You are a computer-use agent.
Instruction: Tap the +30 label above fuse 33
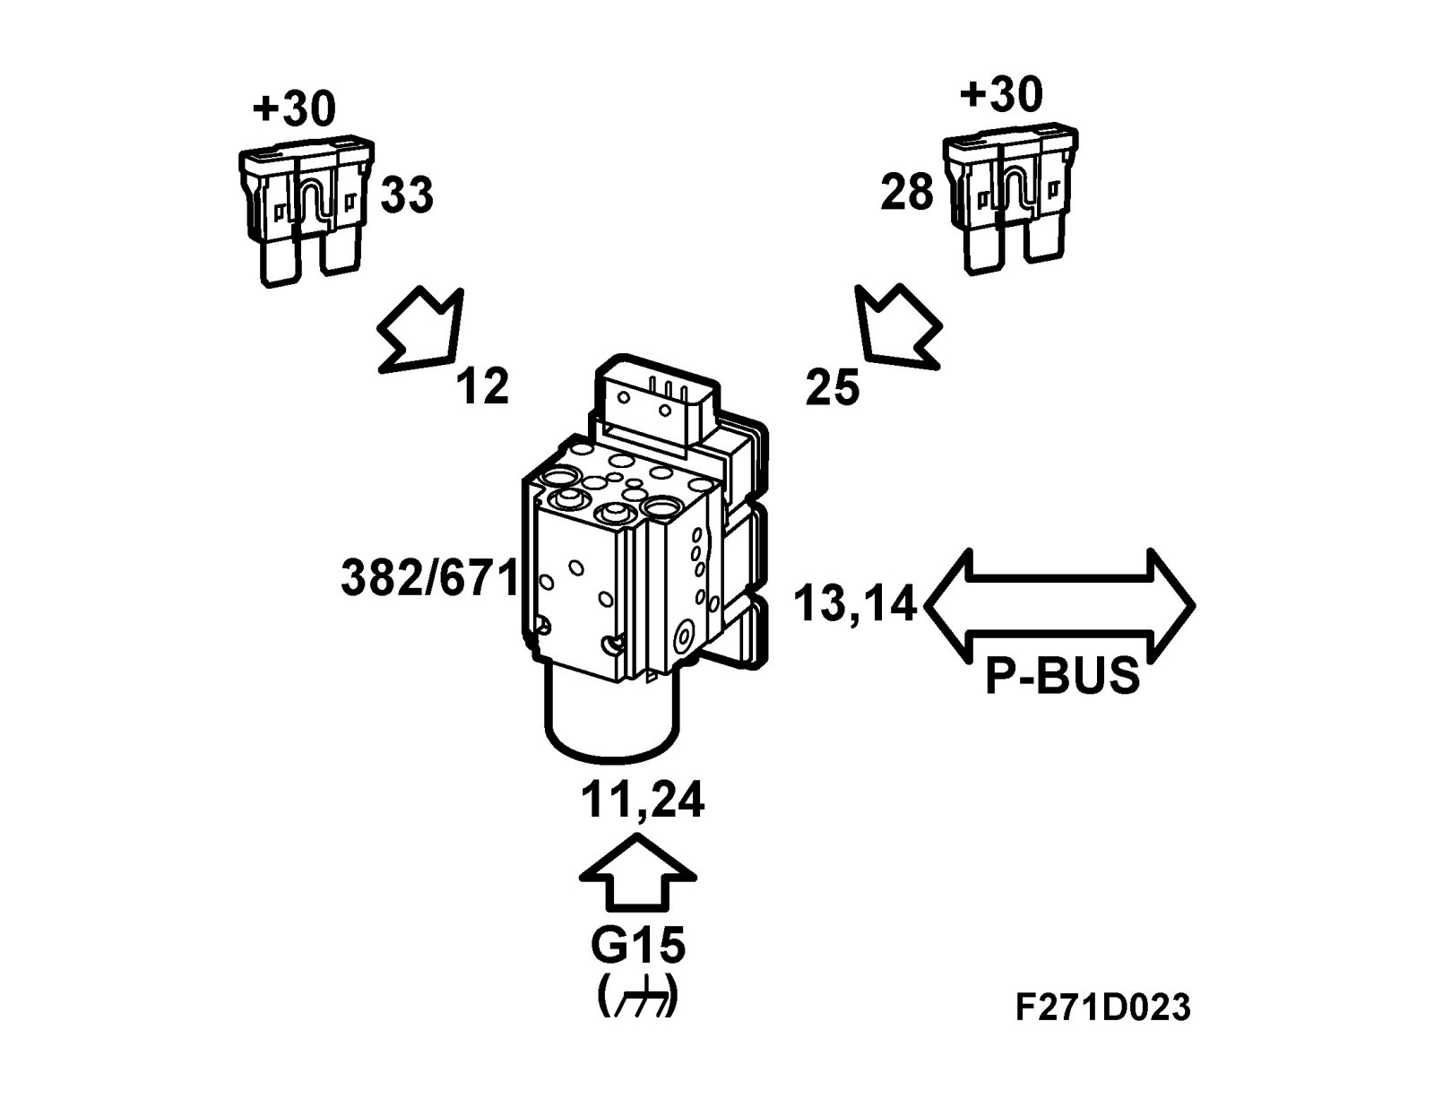[x=294, y=108]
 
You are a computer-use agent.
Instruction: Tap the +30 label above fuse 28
[x=1001, y=93]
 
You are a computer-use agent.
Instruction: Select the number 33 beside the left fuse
[x=407, y=195]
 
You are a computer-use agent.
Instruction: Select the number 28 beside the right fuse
[x=907, y=192]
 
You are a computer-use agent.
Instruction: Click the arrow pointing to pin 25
[x=896, y=326]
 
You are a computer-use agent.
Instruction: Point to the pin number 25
[x=833, y=387]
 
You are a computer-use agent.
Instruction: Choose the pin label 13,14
[x=855, y=604]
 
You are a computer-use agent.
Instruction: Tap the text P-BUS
[x=1062, y=677]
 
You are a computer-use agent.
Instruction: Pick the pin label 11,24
[x=642, y=801]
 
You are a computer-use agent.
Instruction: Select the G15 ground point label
[x=638, y=944]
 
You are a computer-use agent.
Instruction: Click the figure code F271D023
[x=1103, y=1007]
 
